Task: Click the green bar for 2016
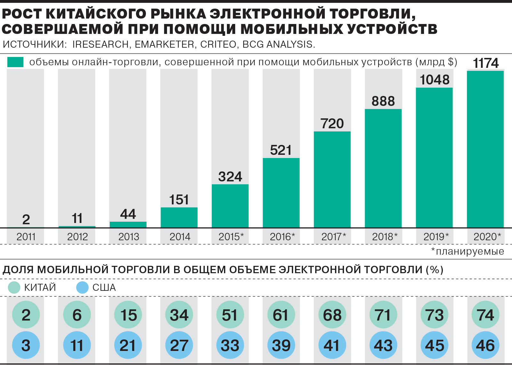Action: point(281,193)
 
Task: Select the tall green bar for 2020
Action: point(485,149)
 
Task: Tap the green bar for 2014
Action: point(179,218)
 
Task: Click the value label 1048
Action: point(434,80)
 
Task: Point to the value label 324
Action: point(230,177)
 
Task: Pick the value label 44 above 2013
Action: point(128,214)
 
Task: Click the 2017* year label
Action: point(333,237)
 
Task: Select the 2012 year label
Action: point(77,237)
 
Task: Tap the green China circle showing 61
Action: point(281,315)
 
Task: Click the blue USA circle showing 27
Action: point(179,345)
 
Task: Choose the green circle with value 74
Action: point(485,315)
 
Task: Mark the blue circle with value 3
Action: point(26,345)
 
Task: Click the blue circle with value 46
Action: point(485,345)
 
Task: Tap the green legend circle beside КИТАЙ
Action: point(14,287)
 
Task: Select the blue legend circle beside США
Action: point(82,287)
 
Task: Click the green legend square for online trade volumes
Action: point(15,62)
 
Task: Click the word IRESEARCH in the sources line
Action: point(100,44)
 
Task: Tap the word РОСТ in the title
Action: point(22,14)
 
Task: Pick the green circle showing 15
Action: point(128,315)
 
